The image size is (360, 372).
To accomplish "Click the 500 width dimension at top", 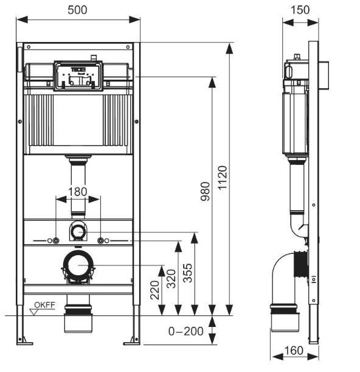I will click(78, 11).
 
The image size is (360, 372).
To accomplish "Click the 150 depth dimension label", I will click(300, 10).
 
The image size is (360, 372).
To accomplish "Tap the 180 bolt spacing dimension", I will click(77, 192).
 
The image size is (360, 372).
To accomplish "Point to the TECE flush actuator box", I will click(77, 75).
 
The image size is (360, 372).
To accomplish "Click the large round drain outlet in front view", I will click(77, 266).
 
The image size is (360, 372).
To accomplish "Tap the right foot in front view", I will click(133, 338).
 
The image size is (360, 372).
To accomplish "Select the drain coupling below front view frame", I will click(77, 318).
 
